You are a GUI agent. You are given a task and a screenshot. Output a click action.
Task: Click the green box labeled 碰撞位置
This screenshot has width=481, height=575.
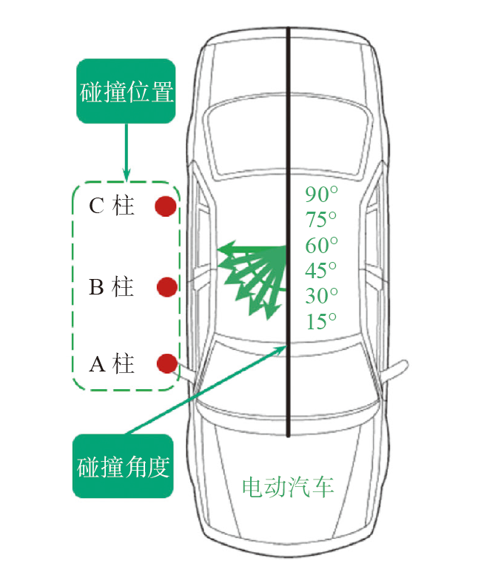[x=125, y=93]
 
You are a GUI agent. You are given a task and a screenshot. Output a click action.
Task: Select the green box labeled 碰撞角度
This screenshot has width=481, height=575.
[x=124, y=466]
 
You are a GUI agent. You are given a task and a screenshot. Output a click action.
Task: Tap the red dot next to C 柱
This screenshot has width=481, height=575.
[x=165, y=206]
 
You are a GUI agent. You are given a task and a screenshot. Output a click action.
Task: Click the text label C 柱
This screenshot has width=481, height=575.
[x=111, y=206]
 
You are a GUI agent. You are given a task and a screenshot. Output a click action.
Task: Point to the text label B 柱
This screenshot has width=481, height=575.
[x=111, y=286]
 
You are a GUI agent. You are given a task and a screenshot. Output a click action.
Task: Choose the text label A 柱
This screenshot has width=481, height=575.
[x=111, y=363]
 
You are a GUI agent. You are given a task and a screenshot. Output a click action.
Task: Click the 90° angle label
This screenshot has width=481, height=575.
[x=321, y=195]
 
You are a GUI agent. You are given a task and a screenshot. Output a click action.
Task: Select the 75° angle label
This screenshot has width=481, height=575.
[x=321, y=220]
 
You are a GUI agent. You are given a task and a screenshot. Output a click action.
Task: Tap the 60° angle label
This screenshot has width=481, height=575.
[x=321, y=245]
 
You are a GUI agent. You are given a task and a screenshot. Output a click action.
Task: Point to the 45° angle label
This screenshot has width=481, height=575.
[x=321, y=270]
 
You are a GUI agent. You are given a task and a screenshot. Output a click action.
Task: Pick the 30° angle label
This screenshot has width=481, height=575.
[x=321, y=295]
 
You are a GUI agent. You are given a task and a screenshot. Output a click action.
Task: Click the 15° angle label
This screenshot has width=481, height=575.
[x=321, y=320]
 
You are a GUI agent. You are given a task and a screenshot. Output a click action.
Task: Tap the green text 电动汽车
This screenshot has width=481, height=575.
[x=288, y=486]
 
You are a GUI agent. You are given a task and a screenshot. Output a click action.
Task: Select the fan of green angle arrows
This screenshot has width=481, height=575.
[x=256, y=274]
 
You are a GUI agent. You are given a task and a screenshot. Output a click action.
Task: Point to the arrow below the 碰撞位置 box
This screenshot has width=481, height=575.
[x=127, y=152]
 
